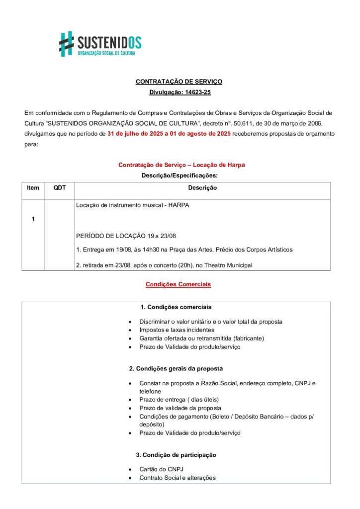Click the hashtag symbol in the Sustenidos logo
point(67,44)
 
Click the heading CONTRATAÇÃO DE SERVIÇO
point(179,82)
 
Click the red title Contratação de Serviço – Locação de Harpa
point(181,165)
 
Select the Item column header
point(33,188)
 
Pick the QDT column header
point(60,188)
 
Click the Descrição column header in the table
point(202,188)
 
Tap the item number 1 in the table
point(33,219)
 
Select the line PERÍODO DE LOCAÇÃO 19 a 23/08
point(126,236)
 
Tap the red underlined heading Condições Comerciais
point(178,284)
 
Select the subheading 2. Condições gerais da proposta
point(176,369)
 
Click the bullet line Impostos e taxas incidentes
point(177,330)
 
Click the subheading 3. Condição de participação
point(176,455)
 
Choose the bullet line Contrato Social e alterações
point(177,478)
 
